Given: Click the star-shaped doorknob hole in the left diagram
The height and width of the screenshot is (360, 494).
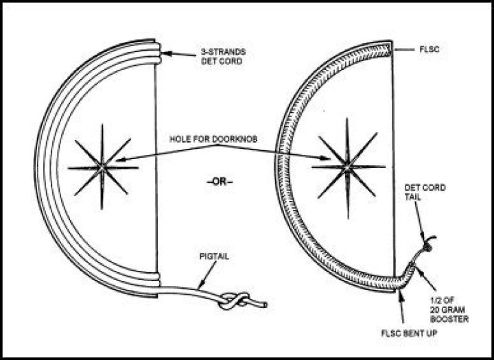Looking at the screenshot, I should [102, 167].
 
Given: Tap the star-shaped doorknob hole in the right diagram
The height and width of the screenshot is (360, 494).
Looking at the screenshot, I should [346, 167].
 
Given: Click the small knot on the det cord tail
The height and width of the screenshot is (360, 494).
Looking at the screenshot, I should [429, 243].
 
